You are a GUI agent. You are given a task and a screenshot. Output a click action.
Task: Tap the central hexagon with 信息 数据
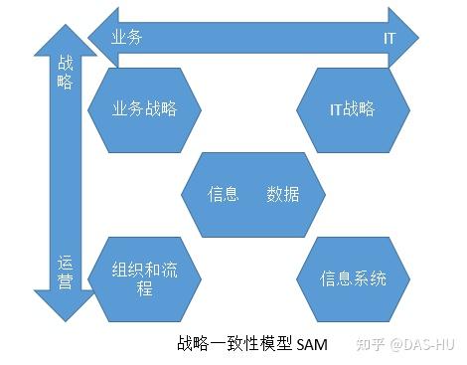pos(254,195)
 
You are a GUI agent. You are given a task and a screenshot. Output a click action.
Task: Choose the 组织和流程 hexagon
pos(146,277)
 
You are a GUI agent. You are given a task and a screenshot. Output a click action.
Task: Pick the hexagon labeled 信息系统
pos(353,277)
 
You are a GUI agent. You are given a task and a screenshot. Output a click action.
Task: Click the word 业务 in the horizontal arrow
pos(126,37)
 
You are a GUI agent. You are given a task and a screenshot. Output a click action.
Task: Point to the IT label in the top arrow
pos(389,37)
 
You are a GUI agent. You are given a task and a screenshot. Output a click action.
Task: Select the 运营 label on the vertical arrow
pos(66,273)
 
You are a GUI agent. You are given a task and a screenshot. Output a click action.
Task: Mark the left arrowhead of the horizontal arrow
pos(99,36)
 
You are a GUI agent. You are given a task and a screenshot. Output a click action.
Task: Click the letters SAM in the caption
pos(311,345)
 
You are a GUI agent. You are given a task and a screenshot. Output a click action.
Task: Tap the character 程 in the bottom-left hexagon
pos(145,288)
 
